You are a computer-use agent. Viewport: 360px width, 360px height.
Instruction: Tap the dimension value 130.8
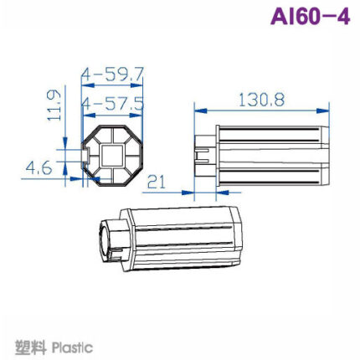click(261, 99)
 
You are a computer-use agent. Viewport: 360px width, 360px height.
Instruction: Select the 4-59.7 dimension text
click(113, 75)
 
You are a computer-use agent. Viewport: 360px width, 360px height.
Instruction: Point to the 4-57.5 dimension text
click(113, 105)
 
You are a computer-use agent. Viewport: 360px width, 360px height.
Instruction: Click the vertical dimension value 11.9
click(55, 105)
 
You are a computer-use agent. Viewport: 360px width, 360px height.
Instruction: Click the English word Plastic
click(72, 347)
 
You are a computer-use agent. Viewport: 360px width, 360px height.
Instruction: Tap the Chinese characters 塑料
click(30, 347)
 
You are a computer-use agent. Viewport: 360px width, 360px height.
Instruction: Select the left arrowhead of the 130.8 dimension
click(198, 109)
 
